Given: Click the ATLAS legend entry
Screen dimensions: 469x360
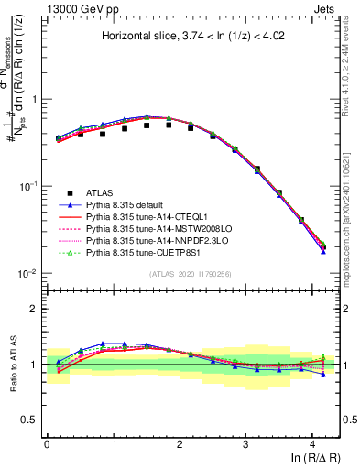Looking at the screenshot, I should pyautogui.click(x=101, y=192).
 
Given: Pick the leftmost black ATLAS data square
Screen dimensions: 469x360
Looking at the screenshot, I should pyautogui.click(x=59, y=139).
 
